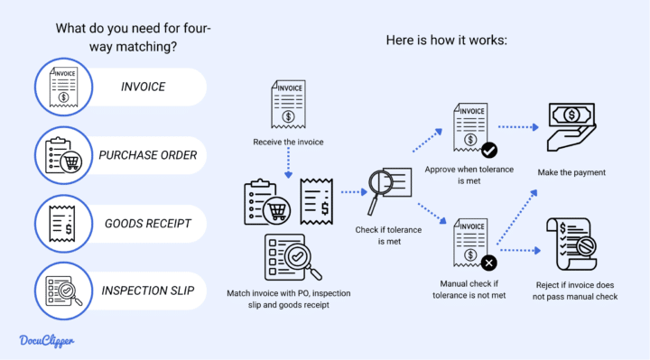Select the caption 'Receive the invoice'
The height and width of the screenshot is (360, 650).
tap(287, 142)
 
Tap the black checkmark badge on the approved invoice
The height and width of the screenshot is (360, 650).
tap(488, 150)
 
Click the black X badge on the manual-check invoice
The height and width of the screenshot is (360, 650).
tap(488, 263)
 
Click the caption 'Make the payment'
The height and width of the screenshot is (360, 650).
tap(572, 172)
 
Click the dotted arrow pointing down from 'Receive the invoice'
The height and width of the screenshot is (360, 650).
tap(287, 163)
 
